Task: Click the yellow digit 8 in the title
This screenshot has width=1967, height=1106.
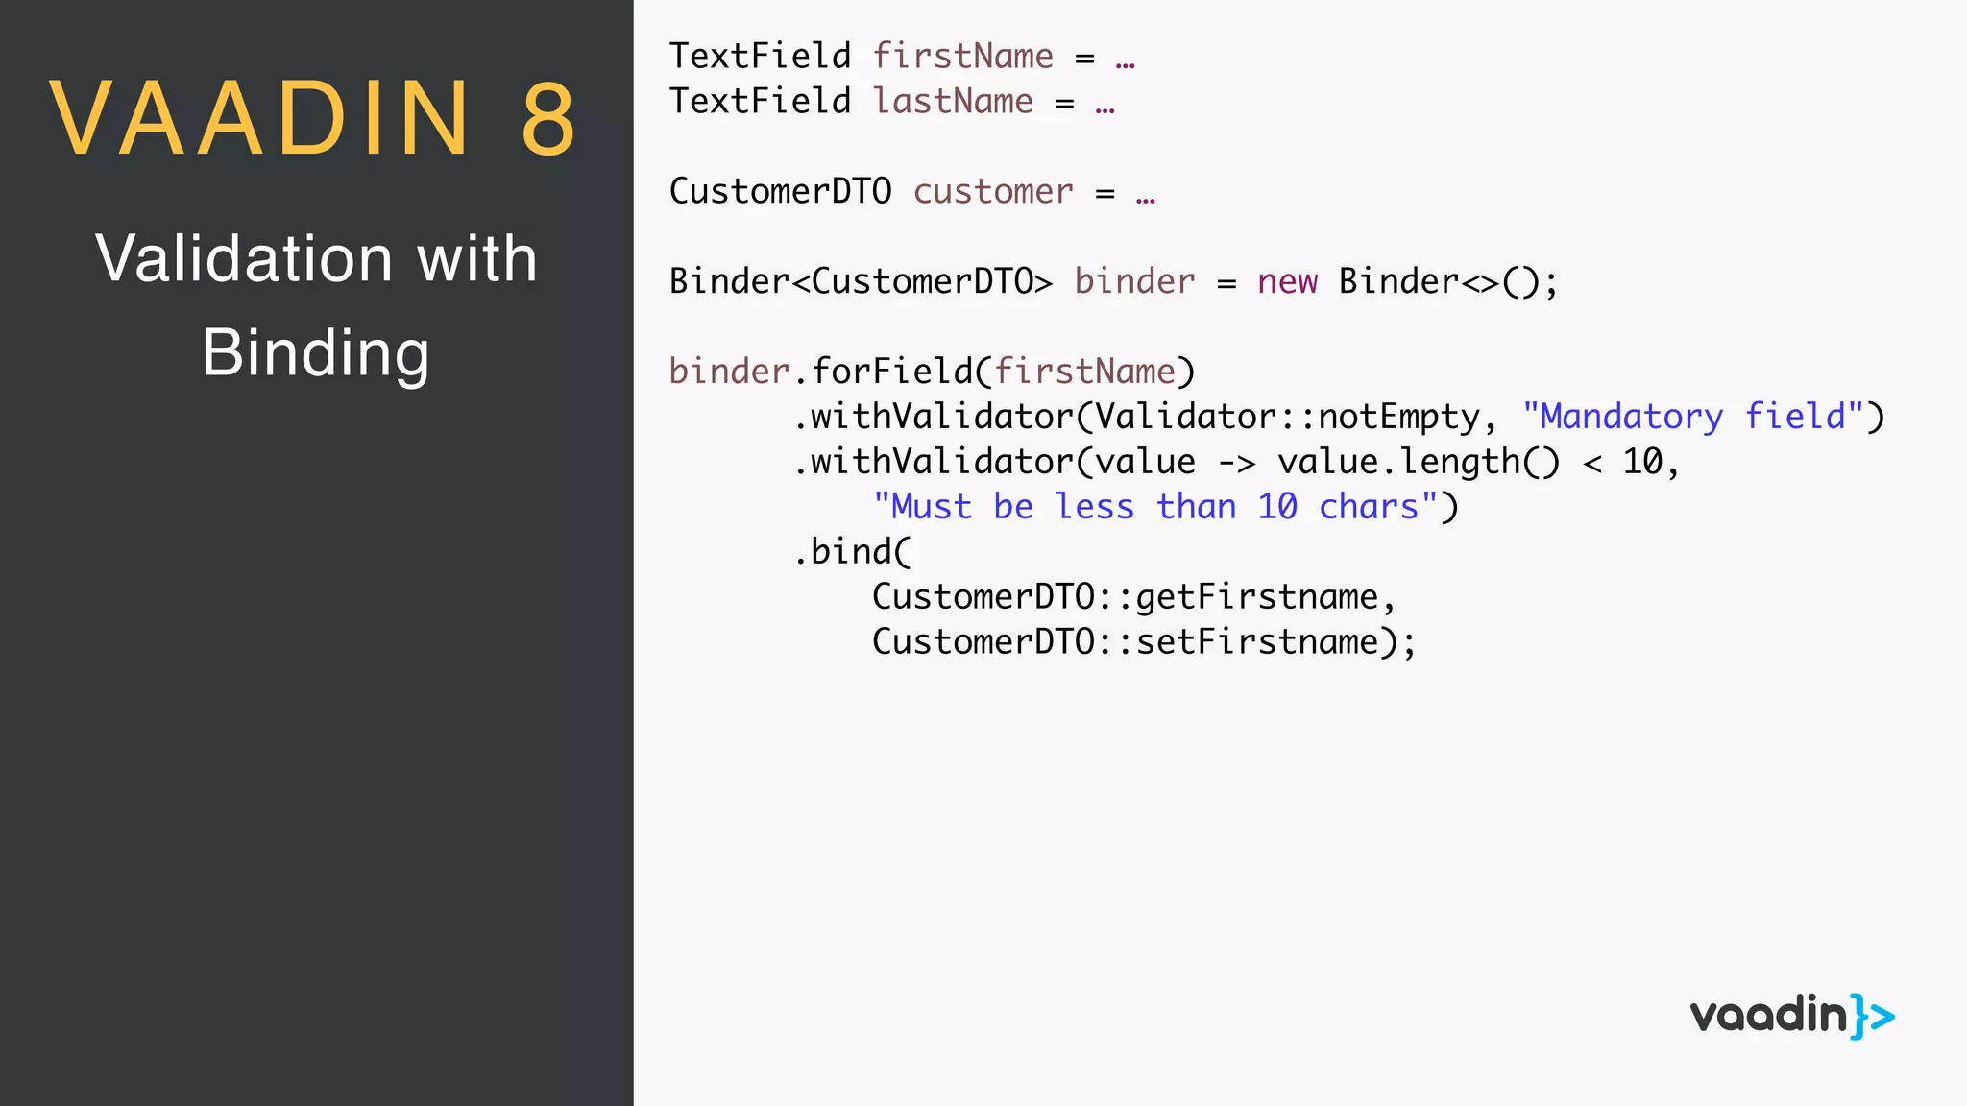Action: tap(548, 119)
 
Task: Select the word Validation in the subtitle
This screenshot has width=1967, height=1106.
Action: tap(244, 258)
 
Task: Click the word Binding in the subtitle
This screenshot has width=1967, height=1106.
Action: tap(315, 352)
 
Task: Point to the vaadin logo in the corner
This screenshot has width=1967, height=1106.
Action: tap(1791, 1016)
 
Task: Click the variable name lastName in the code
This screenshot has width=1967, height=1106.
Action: tap(953, 101)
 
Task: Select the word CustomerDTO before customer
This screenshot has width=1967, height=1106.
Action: tap(780, 191)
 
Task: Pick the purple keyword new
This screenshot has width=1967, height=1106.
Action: tap(1287, 281)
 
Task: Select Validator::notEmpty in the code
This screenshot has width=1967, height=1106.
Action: tap(1288, 417)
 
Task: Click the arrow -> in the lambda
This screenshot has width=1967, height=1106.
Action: tap(1236, 463)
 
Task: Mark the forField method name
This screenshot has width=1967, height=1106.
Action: tap(891, 372)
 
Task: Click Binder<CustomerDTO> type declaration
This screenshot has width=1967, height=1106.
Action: tap(861, 281)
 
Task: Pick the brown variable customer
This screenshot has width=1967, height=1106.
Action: tap(993, 191)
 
